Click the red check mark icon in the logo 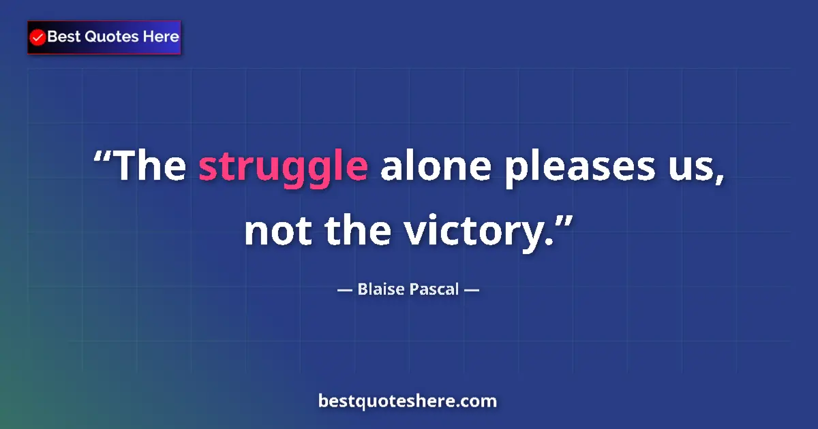(38, 37)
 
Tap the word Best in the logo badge (64, 37)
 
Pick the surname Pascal (434, 290)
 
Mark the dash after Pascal (472, 290)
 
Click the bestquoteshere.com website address (408, 401)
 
